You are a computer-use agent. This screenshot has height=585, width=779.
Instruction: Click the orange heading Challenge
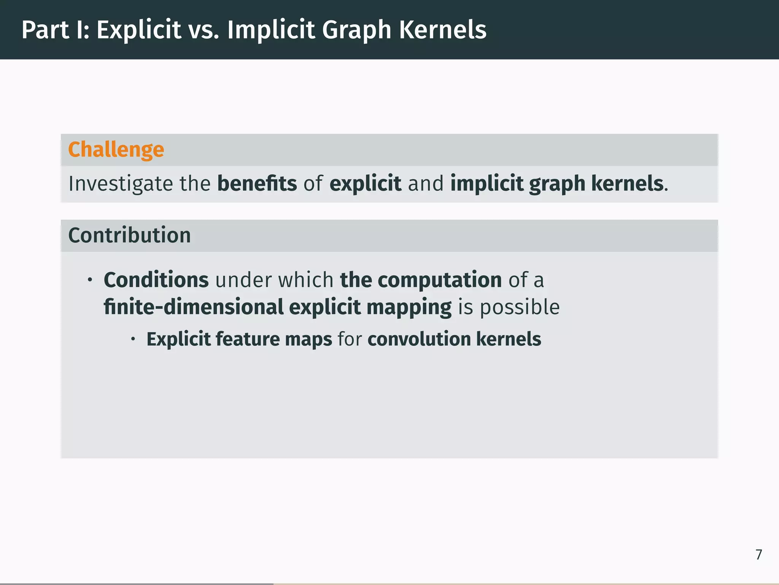point(116,149)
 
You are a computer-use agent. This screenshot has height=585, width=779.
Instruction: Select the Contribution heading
point(129,235)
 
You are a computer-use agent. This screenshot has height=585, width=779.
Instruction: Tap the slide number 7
point(758,555)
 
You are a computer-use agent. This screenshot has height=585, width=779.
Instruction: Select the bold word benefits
point(257,183)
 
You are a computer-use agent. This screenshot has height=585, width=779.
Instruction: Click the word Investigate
point(120,184)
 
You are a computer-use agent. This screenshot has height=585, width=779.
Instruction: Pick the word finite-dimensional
point(194,307)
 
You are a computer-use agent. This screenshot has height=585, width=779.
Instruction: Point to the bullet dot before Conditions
point(90,280)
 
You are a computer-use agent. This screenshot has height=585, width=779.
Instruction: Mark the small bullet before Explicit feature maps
point(133,339)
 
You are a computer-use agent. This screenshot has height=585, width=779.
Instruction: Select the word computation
point(440,280)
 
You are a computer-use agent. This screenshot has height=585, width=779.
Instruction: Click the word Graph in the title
point(357,30)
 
